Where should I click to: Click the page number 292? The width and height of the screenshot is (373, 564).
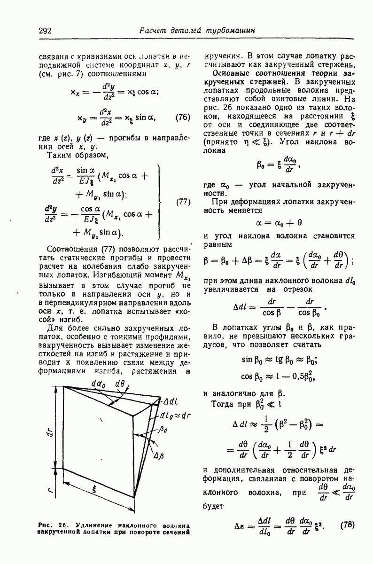click(x=45, y=31)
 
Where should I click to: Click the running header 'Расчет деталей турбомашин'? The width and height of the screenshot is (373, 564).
click(x=197, y=31)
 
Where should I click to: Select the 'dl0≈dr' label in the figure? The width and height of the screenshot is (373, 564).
click(x=173, y=415)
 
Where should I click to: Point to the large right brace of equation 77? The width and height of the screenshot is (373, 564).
click(x=163, y=202)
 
